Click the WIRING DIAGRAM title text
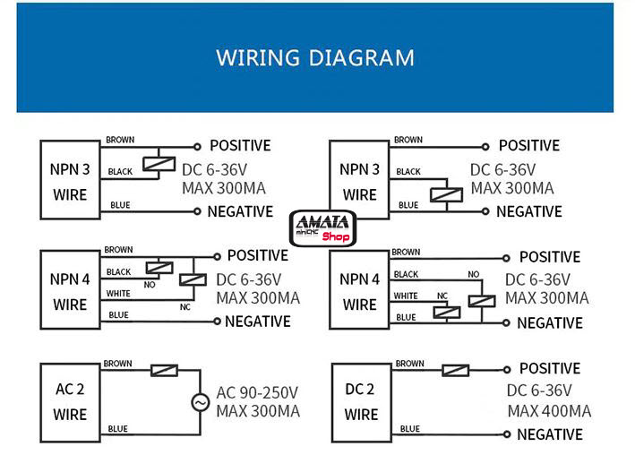315,58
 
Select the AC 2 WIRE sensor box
69,402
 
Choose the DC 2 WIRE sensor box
361,402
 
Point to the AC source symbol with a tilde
200,403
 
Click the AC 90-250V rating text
257,392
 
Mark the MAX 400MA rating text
549,411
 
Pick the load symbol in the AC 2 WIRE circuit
165,370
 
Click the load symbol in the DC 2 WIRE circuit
456,369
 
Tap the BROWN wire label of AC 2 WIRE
118,364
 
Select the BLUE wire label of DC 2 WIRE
408,429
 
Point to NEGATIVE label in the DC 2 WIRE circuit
550,434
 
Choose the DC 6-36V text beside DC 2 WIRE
539,390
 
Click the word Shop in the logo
336,237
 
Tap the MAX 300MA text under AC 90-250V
258,411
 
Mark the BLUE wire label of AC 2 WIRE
118,429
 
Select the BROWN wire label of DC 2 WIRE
409,364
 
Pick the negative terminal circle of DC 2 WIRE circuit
508,434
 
